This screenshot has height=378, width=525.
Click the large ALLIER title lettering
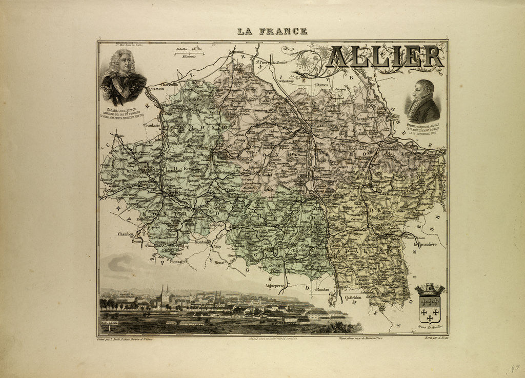tap(385, 57)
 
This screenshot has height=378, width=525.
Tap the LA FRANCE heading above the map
tap(272, 31)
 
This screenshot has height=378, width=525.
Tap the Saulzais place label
tap(152, 125)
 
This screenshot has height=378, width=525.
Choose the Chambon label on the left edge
tap(126, 234)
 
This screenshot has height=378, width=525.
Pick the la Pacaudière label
tap(425, 245)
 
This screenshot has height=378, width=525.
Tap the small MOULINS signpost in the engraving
tap(109, 323)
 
